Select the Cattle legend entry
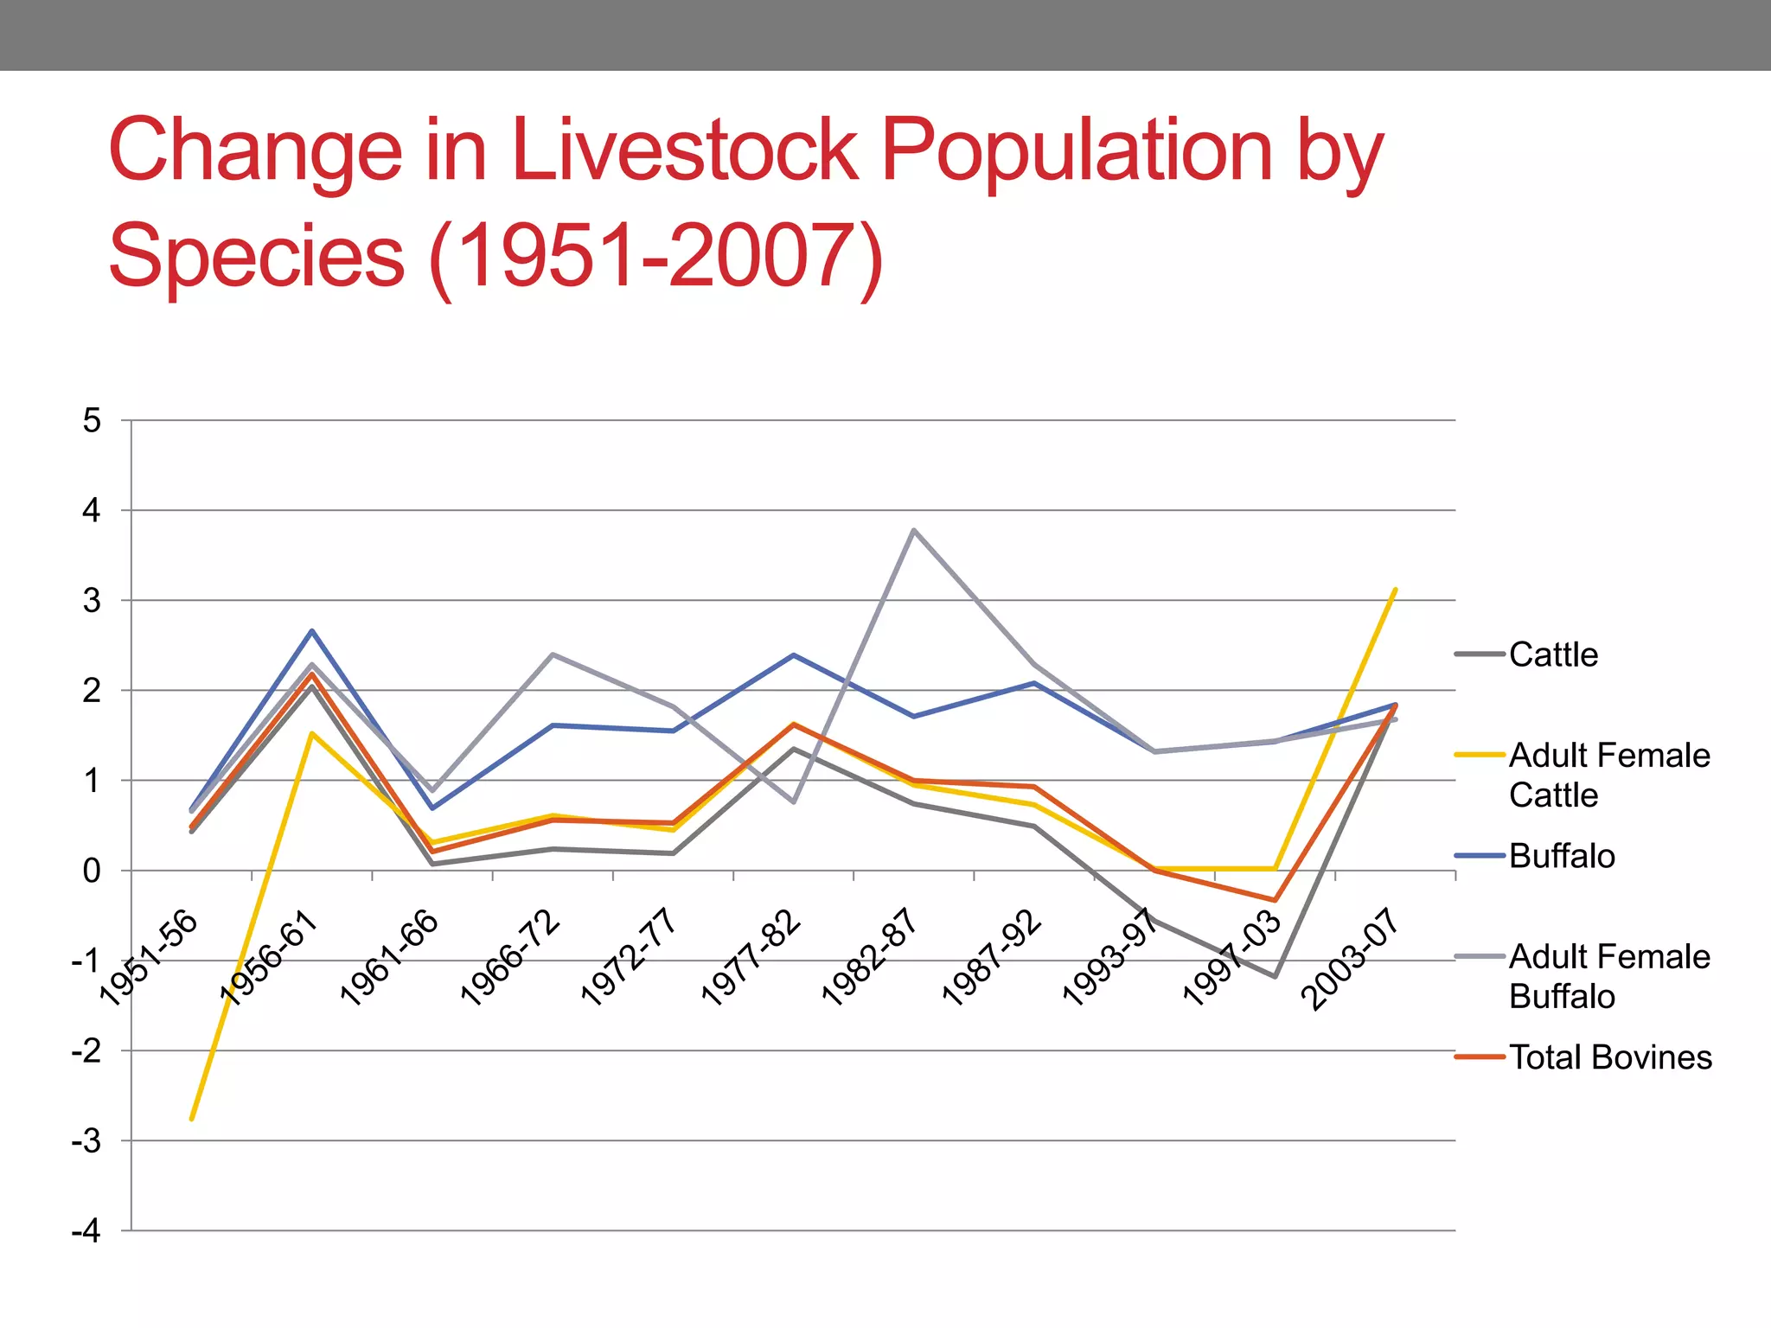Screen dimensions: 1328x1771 [1552, 654]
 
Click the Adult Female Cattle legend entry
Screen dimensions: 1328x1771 [1608, 775]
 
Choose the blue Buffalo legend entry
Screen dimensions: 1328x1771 [1561, 856]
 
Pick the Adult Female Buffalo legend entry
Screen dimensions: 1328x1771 [1608, 976]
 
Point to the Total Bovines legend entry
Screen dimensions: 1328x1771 [1609, 1057]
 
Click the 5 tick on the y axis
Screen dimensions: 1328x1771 [92, 421]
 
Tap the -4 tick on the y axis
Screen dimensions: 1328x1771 [86, 1231]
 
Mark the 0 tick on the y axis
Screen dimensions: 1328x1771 [92, 871]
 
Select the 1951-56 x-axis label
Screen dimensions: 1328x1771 [150, 959]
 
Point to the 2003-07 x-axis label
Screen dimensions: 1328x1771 [1350, 959]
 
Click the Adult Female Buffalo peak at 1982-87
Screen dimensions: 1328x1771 [914, 530]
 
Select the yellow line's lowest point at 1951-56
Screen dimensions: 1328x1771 [192, 1119]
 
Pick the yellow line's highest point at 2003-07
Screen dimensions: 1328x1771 [1395, 590]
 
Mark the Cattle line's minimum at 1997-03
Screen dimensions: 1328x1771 [1275, 977]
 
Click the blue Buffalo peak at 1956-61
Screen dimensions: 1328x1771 [312, 631]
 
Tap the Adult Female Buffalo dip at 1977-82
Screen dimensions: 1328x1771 [793, 802]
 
